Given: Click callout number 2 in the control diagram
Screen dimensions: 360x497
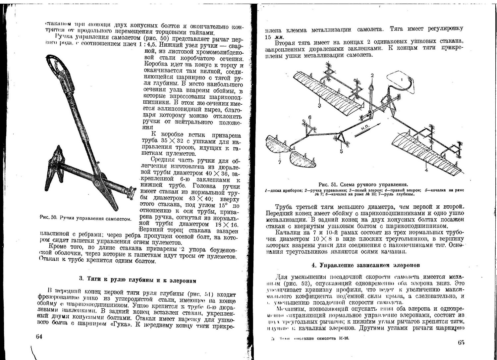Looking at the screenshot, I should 372,76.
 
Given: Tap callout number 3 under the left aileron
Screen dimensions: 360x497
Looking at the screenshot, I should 319,105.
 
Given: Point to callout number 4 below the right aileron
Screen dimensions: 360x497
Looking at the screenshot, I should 426,170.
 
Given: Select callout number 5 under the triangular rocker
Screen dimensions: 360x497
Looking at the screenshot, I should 341,151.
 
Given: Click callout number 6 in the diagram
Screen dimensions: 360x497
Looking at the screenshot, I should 309,118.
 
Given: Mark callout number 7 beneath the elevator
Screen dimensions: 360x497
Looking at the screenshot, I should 280,162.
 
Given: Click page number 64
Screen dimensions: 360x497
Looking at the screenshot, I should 39,336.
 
